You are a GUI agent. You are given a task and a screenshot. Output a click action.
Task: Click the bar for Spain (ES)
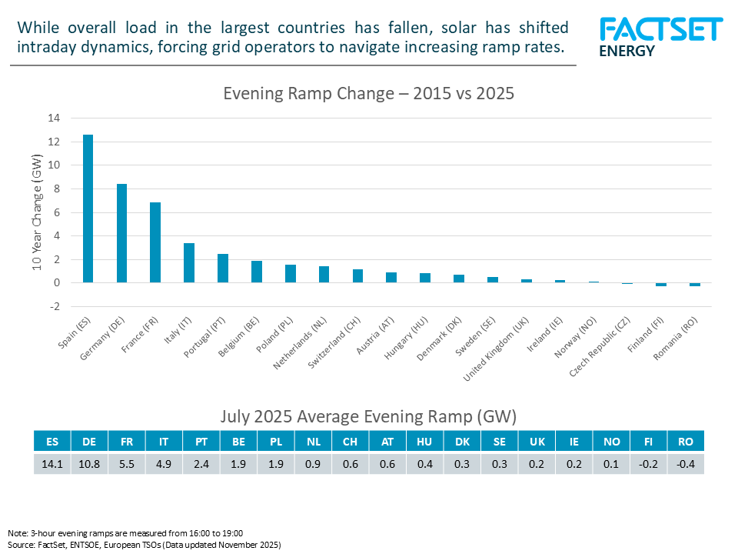(x=88, y=209)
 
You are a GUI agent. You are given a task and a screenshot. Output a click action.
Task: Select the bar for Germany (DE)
(x=121, y=233)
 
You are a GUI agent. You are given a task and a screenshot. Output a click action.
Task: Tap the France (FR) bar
(x=155, y=242)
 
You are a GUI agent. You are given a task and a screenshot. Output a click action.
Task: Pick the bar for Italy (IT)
(x=188, y=263)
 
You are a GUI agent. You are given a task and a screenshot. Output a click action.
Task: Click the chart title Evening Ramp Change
(x=368, y=94)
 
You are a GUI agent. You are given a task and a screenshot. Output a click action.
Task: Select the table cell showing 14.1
(x=52, y=463)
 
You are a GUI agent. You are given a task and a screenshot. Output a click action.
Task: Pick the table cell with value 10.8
(x=90, y=463)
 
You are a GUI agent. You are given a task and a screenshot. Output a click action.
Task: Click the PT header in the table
(x=201, y=442)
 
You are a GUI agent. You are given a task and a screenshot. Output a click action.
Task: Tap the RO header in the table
(x=686, y=442)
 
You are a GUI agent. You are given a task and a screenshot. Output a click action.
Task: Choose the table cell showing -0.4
(x=686, y=463)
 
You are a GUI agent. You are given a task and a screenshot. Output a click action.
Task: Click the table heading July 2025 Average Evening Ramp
(x=368, y=416)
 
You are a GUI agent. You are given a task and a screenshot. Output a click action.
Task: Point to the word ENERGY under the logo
(x=627, y=52)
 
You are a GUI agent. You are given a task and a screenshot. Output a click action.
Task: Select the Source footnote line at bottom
(x=145, y=544)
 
